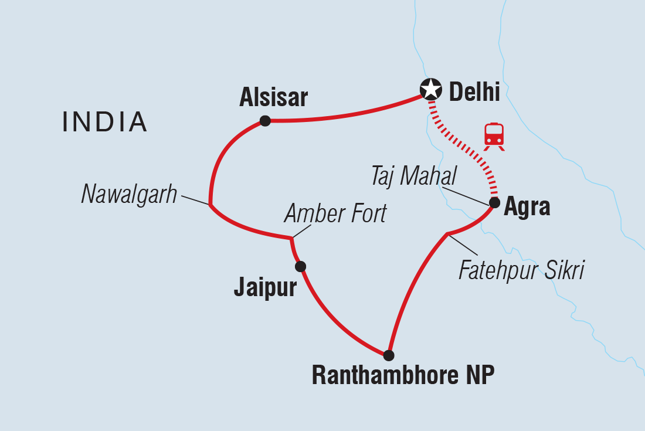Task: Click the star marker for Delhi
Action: coord(431,89)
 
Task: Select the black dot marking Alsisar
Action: coord(265,121)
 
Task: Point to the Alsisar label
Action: coord(273,98)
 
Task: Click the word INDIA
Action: coord(105,121)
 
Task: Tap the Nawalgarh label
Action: coord(129,195)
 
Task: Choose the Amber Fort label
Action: coord(335,213)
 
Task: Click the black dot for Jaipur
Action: coord(300,266)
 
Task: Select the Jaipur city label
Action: coord(265,289)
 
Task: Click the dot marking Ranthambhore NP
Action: coord(388,355)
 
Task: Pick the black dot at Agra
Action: coord(494,203)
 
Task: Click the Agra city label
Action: coord(528,207)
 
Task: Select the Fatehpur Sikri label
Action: coord(521,270)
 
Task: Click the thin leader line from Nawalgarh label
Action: coord(195,200)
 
